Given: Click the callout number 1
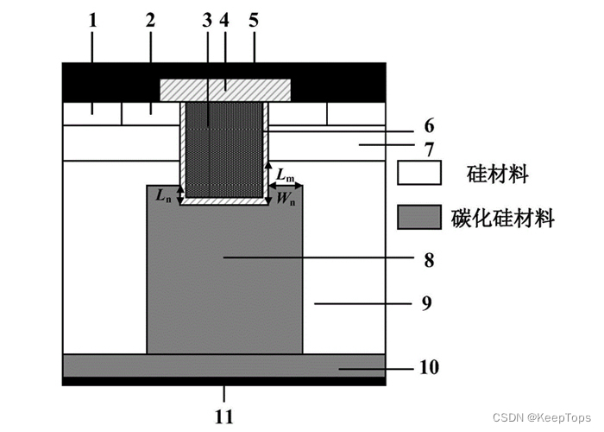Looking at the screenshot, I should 92,21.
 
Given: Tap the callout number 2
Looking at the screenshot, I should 150,21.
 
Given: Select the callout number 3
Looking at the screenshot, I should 207,21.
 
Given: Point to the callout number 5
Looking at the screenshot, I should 254,21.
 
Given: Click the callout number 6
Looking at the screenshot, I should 429,125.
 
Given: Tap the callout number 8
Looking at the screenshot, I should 429,258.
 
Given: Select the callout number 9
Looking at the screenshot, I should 429,303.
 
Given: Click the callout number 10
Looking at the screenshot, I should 430,367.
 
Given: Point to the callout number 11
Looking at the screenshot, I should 223,417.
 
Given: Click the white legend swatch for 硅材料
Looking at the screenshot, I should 418,174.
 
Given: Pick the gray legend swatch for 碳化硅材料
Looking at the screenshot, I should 418,218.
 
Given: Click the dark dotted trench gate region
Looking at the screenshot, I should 224,149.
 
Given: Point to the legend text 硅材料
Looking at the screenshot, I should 496,175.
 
